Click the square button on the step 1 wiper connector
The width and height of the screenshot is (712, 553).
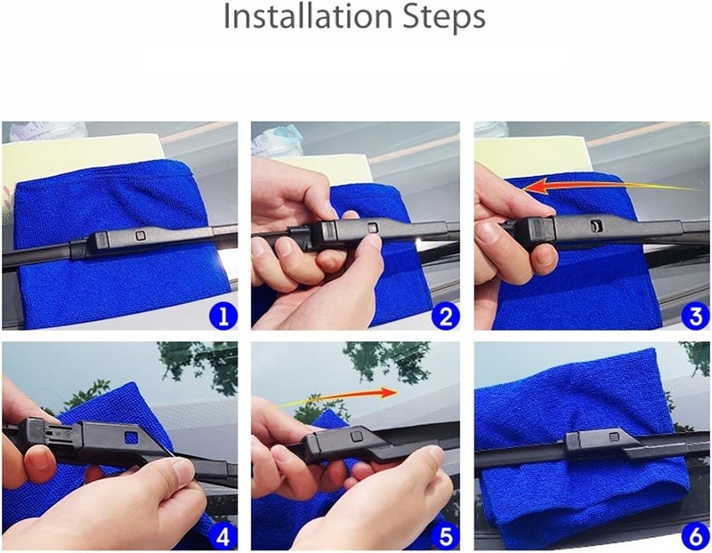[142, 234]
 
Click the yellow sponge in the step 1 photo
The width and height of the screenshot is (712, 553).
[53, 160]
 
